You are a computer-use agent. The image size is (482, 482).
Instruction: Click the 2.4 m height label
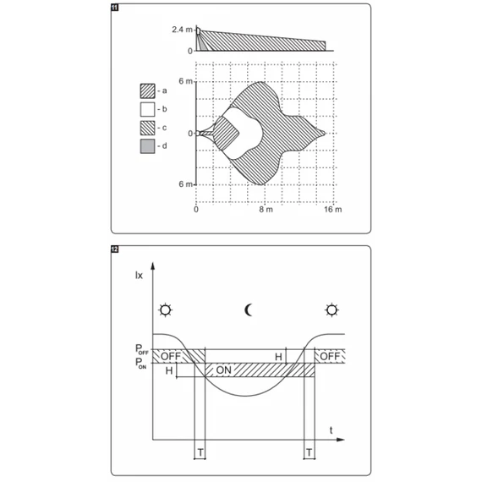[x=182, y=30]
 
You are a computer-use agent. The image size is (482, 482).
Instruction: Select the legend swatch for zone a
[x=147, y=91]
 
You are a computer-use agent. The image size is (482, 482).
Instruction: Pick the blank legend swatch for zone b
[x=147, y=109]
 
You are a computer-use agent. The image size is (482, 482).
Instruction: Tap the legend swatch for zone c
[x=147, y=128]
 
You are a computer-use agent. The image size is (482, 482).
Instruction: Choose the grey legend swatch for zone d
[x=147, y=146]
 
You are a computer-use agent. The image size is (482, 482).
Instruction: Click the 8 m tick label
[x=266, y=210]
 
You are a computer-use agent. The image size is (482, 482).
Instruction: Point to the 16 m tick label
[x=333, y=210]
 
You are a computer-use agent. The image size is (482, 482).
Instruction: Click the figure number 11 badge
[x=115, y=8]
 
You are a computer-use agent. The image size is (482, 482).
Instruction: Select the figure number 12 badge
[x=115, y=249]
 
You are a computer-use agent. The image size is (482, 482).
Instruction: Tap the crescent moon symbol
[x=248, y=310]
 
